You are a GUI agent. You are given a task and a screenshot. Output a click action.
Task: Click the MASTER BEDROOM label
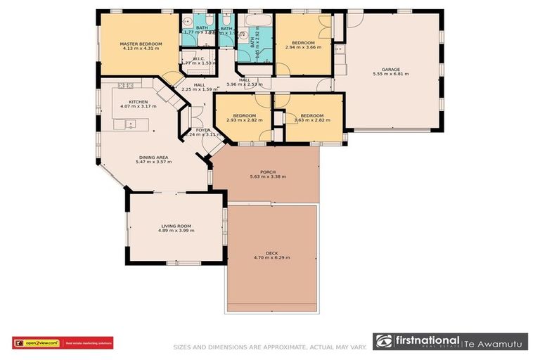pos(141,44)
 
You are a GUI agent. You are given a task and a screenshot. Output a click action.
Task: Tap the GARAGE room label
pos(390,68)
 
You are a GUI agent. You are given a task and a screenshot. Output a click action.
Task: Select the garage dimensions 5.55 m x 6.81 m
pos(390,73)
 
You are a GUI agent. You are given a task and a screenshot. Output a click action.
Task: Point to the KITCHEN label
pos(138,102)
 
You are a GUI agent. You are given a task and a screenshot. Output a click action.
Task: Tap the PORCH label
pos(266,172)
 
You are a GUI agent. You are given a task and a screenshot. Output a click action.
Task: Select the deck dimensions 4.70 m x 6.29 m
pos(271,258)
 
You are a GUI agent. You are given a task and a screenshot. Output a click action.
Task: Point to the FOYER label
pos(202,129)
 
